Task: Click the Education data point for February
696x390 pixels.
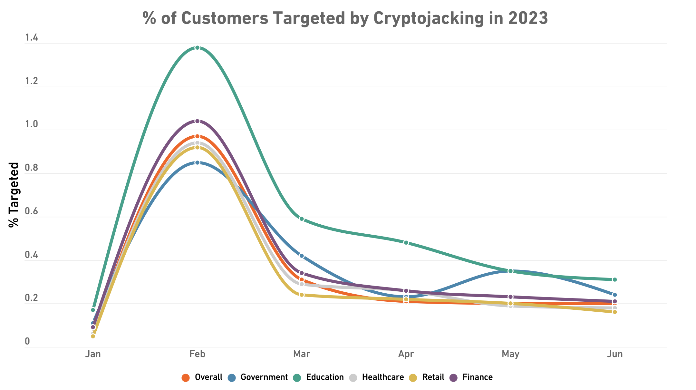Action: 198,48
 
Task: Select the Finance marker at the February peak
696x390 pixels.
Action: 198,121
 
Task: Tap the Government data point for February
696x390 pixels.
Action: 198,163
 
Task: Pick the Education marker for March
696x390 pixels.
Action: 302,219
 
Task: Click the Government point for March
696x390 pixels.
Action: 302,256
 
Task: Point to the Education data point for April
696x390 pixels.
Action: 406,242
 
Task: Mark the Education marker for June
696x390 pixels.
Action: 614,279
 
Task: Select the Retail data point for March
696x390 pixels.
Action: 302,295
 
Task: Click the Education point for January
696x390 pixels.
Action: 93,310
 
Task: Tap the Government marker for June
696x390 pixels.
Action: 614,295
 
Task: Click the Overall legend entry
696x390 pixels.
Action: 202,377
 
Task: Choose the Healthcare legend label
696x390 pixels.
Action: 377,377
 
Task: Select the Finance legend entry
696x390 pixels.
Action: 471,377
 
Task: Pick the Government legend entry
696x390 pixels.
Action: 258,377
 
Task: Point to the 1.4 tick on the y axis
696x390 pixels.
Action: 31,38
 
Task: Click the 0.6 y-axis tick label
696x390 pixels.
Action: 31,212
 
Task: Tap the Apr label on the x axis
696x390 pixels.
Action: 406,354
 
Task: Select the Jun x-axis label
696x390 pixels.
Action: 614,354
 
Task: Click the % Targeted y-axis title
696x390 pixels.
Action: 14,195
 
